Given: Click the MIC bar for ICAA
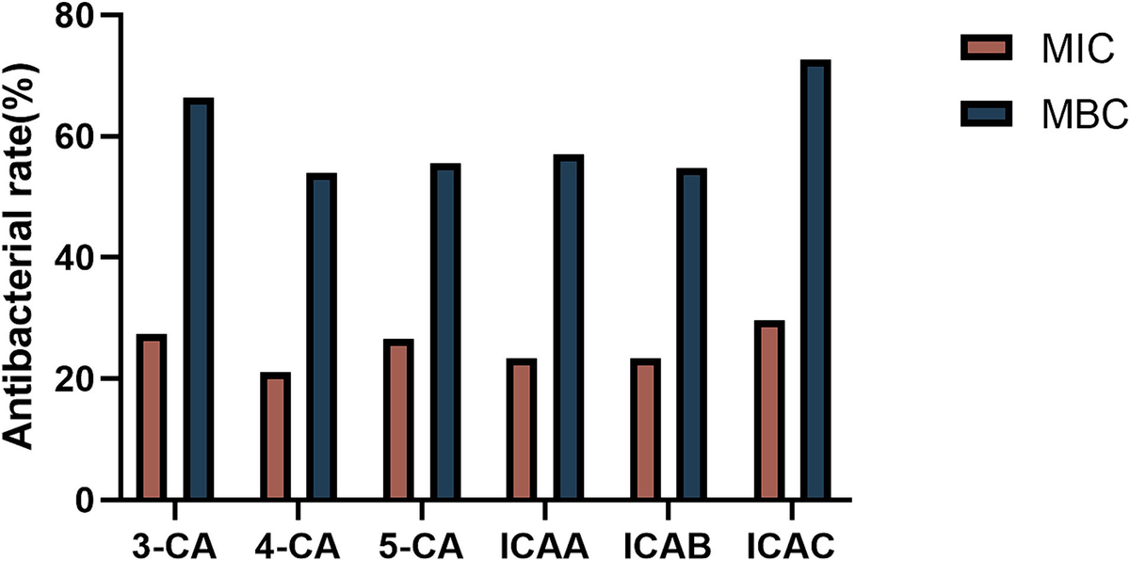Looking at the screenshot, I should tap(521, 429).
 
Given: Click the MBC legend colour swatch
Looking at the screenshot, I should tap(986, 114).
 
